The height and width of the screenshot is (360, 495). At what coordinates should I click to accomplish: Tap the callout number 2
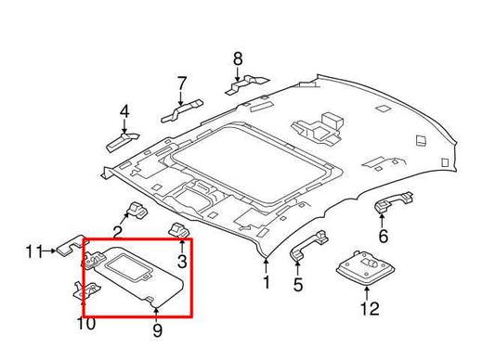(x=118, y=232)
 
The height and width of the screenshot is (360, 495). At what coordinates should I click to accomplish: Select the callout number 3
(x=182, y=262)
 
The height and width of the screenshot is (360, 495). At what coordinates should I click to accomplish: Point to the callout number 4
(x=124, y=114)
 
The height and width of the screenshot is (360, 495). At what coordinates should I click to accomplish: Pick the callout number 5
(x=298, y=285)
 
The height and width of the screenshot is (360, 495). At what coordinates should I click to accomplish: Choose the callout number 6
(x=383, y=236)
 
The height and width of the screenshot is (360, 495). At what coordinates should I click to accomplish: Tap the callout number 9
(x=157, y=329)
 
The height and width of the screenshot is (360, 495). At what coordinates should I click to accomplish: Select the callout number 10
(x=85, y=323)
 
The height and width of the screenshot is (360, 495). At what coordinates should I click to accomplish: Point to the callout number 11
(x=34, y=251)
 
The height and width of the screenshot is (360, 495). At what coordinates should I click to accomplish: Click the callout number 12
(x=370, y=308)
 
